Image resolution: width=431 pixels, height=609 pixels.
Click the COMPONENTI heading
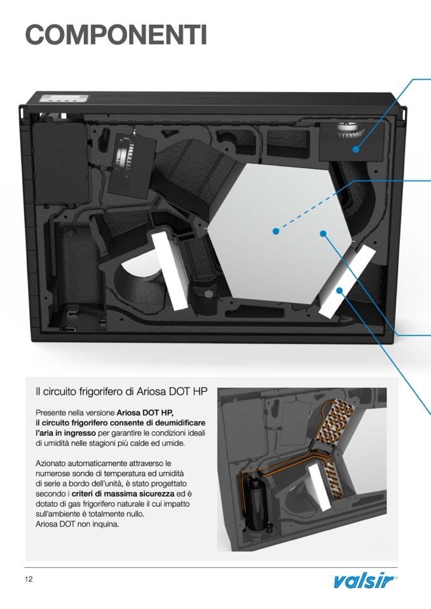116,34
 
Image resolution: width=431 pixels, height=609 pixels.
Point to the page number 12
29,579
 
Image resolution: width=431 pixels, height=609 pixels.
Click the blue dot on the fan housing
356,149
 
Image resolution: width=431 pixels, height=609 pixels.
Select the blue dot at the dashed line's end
276,232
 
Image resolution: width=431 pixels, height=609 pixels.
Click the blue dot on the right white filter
339,290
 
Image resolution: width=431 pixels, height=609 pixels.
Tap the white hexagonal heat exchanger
280,233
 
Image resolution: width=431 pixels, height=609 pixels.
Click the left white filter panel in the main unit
169,271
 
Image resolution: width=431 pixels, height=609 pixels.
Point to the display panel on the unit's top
65,98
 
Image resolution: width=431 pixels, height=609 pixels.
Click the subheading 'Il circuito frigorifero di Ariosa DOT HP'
121,391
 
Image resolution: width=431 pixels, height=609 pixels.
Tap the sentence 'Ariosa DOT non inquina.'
78,524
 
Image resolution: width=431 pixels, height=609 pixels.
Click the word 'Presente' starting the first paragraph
50,413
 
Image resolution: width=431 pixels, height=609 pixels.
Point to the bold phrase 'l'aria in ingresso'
65,433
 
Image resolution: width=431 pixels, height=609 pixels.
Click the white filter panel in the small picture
320,488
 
